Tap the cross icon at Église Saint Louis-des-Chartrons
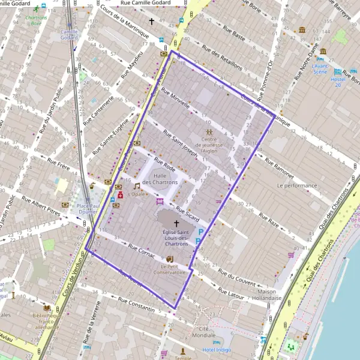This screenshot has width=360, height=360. (176, 223)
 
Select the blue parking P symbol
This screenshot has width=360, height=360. (201, 233)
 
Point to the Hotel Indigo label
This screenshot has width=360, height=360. (216, 349)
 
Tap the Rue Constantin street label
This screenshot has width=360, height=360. (136, 304)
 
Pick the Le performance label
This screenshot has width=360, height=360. (296, 186)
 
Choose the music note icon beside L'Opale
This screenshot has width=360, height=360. (137, 186)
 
